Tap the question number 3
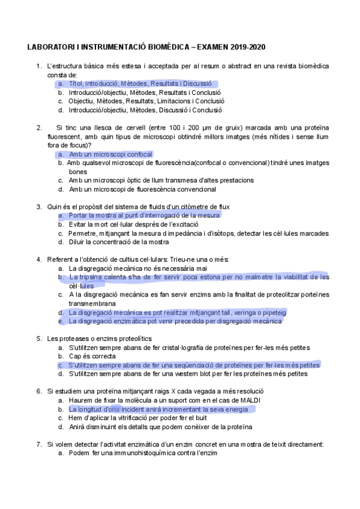38,207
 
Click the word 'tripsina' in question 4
90,277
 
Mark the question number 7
38,444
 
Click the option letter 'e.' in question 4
61,321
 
